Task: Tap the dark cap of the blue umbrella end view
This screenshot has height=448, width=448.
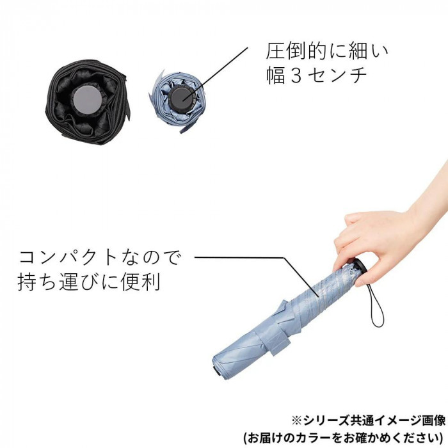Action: point(182,97)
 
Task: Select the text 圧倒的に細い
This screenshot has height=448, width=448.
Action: point(327,51)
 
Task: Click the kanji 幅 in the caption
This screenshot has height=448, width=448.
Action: point(276,76)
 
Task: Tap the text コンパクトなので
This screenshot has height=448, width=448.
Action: point(99,257)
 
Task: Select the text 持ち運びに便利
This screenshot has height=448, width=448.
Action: point(89,282)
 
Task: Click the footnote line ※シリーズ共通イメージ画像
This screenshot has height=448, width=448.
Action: point(369,420)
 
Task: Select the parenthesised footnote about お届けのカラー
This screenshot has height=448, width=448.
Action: point(344,438)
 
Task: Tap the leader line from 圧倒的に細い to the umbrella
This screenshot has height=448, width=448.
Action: point(215,74)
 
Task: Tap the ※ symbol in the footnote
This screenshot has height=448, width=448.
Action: point(297,421)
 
